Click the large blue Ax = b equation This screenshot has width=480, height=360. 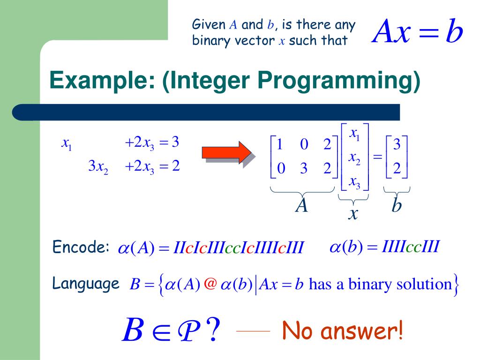pyautogui.click(x=417, y=32)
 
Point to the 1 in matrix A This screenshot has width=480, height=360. pyautogui.click(x=280, y=145)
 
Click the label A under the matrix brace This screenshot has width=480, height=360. pyautogui.click(x=301, y=205)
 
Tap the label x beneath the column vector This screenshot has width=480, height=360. pyautogui.click(x=353, y=214)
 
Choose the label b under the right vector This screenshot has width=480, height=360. pyautogui.click(x=397, y=205)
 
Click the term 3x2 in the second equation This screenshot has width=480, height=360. pyautogui.click(x=98, y=166)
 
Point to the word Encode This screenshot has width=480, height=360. pyautogui.click(x=81, y=247)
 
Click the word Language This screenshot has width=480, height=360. pyautogui.click(x=85, y=283)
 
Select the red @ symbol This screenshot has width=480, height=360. pyautogui.click(x=210, y=284)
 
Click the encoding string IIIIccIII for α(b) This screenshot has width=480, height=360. pyautogui.click(x=411, y=247)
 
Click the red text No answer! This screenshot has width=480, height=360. pyautogui.click(x=342, y=331)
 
